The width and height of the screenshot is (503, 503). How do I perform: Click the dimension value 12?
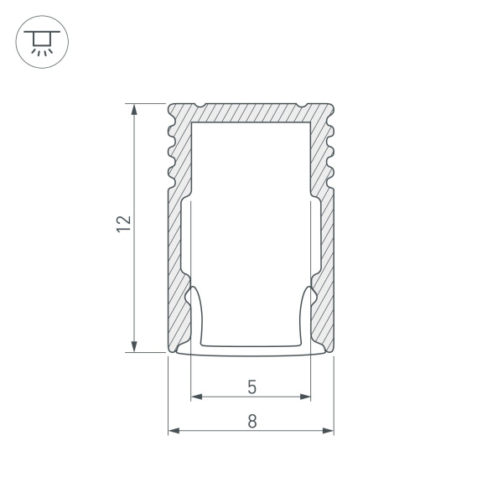click(123, 222)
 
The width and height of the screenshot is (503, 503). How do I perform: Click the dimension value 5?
click(251, 386)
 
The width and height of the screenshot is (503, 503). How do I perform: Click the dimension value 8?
click(251, 422)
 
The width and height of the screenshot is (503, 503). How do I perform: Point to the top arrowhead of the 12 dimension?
click(134, 109)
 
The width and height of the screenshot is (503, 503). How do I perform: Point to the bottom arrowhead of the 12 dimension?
click(134, 346)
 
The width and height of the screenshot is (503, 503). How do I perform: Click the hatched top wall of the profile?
click(251, 112)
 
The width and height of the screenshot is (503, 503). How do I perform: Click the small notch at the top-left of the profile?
click(201, 106)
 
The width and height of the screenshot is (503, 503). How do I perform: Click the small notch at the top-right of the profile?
click(301, 106)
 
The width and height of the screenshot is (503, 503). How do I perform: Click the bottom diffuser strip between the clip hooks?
click(251, 348)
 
